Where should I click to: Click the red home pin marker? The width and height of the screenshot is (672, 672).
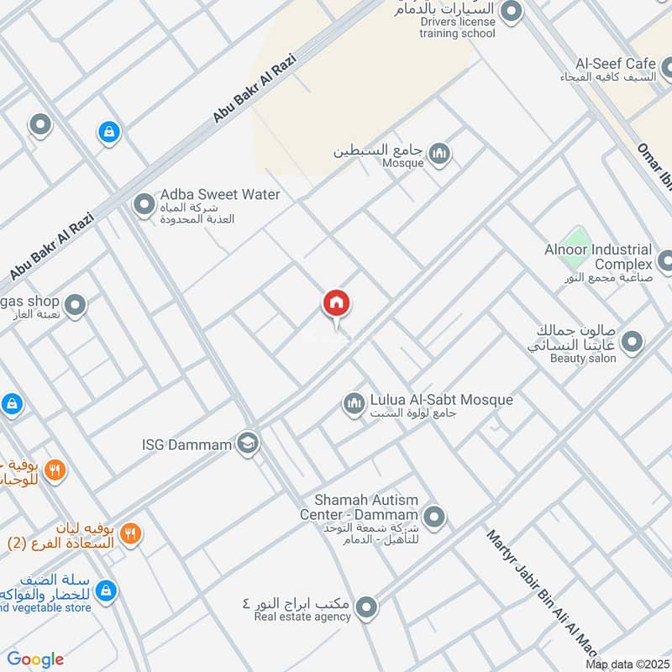click(337, 303)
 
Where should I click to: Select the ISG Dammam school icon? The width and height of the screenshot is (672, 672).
click(247, 443)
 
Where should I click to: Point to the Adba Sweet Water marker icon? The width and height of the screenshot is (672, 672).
click(144, 203)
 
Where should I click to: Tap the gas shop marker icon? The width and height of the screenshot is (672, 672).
click(76, 306)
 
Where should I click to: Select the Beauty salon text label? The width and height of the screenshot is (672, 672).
click(583, 359)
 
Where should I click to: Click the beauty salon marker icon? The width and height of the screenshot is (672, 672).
click(632, 342)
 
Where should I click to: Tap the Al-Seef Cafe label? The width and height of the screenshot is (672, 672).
click(616, 64)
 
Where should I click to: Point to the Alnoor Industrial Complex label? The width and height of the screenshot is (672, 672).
click(598, 256)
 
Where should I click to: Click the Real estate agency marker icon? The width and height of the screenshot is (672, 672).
click(366, 606)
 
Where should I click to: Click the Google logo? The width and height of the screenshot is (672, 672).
click(35, 659)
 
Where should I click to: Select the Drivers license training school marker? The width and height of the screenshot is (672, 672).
click(511, 12)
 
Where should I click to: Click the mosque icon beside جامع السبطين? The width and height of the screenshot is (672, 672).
click(438, 154)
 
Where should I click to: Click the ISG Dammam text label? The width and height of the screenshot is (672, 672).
click(186, 443)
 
